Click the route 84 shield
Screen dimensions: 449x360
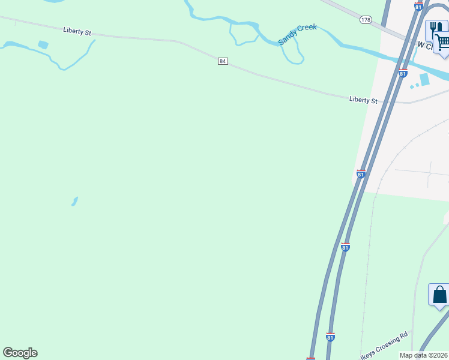tap(223, 61)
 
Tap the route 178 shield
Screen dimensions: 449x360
tap(366, 20)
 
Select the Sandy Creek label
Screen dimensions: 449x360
tap(297, 35)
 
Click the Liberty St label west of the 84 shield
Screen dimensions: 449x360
tap(77, 31)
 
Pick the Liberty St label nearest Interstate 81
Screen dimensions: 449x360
tap(363, 100)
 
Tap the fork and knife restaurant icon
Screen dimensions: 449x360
tap(435, 28)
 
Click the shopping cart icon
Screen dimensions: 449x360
tap(442, 42)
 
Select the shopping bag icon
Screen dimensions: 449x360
tap(439, 295)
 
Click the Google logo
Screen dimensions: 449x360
tap(20, 353)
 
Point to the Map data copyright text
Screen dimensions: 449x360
tap(424, 355)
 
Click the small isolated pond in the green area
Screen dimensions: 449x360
tap(74, 201)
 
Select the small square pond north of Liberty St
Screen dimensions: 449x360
tap(43, 44)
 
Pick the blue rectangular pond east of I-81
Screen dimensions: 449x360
tap(425, 79)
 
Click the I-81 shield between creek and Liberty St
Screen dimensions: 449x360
tap(402, 73)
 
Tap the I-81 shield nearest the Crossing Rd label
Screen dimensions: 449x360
tap(330, 337)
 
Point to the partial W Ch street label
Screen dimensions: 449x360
tap(426, 45)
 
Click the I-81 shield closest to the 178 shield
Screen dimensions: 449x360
tap(418, 5)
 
